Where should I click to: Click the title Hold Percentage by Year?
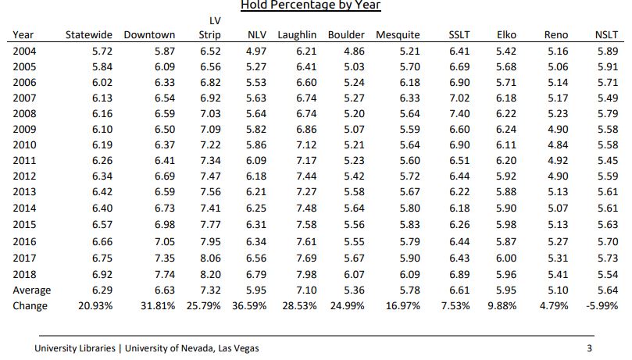[310, 5]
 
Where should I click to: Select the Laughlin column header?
[297, 35]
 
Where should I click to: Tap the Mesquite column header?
[398, 35]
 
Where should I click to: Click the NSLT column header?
[606, 35]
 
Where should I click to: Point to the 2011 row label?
[24, 160]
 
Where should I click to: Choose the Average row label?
[32, 290]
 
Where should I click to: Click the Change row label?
[30, 306]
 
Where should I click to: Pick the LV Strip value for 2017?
[210, 258]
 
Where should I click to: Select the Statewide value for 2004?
[102, 51]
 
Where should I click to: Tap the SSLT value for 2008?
[459, 113]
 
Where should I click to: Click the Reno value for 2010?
[558, 145]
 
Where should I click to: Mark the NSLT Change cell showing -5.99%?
[602, 306]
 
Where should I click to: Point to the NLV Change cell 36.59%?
[249, 306]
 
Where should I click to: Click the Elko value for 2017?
[506, 258]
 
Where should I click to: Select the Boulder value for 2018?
[355, 275]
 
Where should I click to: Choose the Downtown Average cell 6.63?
[165, 290]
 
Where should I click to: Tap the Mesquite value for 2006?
[410, 83]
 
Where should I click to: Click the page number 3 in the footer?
[589, 348]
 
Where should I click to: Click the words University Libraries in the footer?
[75, 348]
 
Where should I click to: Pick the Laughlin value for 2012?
[306, 176]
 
